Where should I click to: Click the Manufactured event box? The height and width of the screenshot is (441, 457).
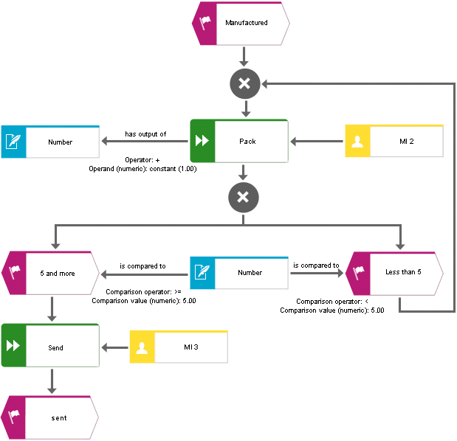click(241, 24)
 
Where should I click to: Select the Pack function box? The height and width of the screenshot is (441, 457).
click(239, 141)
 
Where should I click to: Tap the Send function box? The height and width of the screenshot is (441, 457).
click(50, 345)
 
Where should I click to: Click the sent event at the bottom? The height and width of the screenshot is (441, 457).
click(50, 417)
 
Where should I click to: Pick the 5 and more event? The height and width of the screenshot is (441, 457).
click(50, 273)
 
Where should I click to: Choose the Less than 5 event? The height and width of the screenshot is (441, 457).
click(394, 274)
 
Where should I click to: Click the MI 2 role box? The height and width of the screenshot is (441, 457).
click(394, 141)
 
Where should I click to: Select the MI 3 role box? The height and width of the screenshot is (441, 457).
click(179, 347)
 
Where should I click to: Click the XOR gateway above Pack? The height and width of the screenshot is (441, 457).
click(245, 84)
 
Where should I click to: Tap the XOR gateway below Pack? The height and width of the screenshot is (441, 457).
click(244, 198)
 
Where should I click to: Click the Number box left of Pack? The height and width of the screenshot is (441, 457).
click(50, 142)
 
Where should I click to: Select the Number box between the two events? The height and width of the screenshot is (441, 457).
click(239, 273)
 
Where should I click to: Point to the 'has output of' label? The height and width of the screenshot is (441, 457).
click(145, 134)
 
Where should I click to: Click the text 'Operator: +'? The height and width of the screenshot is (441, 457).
click(142, 160)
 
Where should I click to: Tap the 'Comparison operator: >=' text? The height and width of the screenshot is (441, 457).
click(143, 292)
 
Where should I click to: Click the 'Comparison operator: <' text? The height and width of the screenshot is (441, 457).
click(332, 302)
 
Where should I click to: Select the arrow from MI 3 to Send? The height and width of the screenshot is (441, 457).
click(115, 347)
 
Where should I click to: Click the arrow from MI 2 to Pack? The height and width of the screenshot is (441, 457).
click(317, 142)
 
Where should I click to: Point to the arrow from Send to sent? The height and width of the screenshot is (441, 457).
click(52, 381)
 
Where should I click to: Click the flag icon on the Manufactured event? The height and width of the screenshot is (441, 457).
click(205, 22)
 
